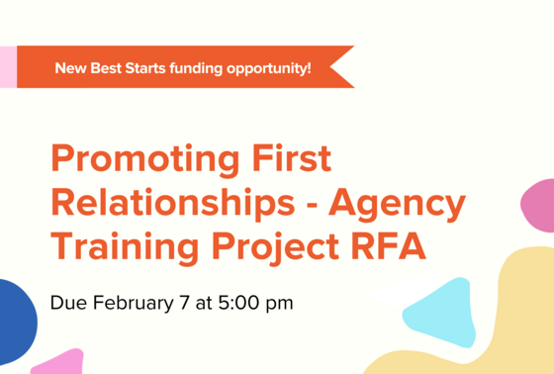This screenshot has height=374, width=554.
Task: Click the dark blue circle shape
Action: (x=14, y=322)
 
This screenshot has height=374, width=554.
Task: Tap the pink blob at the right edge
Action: (x=539, y=205)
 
